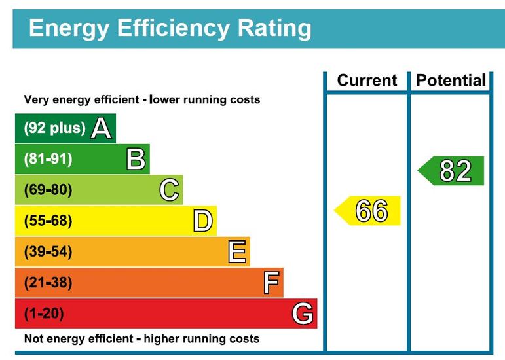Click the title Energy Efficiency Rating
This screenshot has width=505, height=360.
point(170,28)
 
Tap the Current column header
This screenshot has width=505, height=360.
point(367,81)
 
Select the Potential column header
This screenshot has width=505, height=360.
point(451,81)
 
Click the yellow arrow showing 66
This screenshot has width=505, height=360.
point(369,211)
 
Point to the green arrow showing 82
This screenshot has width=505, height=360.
point(452,171)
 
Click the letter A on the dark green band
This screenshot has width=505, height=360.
point(100,128)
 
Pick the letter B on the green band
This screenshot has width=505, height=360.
point(136,159)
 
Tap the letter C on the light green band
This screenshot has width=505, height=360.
point(169,190)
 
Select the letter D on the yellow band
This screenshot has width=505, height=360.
point(203,221)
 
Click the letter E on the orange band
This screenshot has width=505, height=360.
point(236,252)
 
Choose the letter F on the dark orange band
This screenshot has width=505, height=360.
point(271,283)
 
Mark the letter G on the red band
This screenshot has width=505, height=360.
point(303,314)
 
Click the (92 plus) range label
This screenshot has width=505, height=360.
point(54,128)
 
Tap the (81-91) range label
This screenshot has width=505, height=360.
point(48,159)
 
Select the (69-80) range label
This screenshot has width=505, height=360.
point(48,190)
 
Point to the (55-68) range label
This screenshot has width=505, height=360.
point(48,221)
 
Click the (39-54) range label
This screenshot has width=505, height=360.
point(48,252)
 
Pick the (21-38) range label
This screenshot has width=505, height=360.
point(48,283)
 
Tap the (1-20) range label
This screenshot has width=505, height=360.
point(44,314)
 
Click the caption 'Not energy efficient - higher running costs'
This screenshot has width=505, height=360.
point(141,339)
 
